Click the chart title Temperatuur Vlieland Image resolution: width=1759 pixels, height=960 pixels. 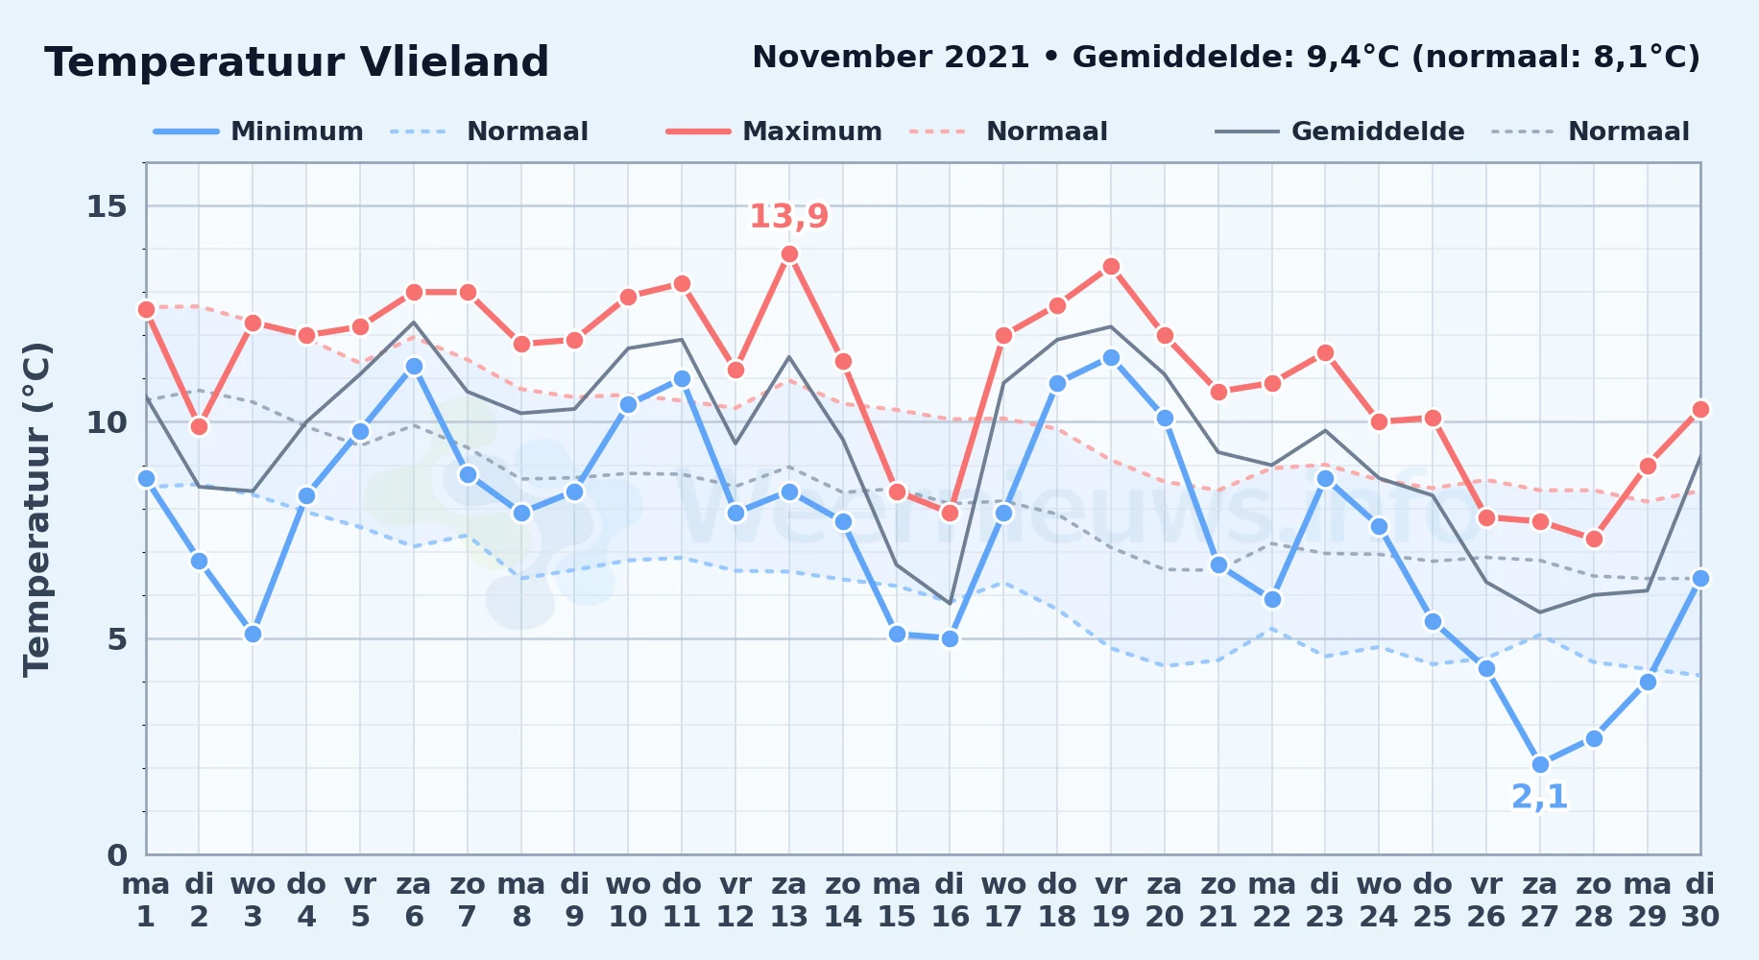coord(297,62)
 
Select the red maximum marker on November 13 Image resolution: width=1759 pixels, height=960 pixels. coord(789,254)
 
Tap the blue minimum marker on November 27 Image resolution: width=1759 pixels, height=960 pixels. coord(1540,764)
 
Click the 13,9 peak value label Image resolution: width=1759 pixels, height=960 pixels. coord(788,216)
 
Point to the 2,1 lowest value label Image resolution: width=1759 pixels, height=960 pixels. coord(1539,797)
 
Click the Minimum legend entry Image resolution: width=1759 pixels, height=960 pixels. coord(258,132)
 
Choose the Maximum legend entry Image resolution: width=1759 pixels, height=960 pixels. coord(774,132)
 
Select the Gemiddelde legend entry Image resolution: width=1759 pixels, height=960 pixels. coord(1340,132)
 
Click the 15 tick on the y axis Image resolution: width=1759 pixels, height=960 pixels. coord(107,206)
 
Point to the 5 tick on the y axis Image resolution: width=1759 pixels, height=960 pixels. coord(117,638)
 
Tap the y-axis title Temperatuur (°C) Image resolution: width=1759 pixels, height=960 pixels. coord(37,509)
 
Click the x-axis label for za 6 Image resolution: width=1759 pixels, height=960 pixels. coord(414,900)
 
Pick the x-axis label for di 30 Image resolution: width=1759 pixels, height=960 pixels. coord(1699,900)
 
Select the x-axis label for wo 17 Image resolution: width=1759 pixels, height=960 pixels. coord(1003,900)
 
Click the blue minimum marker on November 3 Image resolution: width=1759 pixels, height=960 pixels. coord(253,634)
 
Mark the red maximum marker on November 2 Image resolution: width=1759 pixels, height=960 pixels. coord(199,426)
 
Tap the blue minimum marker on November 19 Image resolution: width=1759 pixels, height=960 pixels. coord(1111,357)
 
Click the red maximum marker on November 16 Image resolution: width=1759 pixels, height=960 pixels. coord(950,513)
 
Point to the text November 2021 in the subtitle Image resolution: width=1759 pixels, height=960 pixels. coord(891,58)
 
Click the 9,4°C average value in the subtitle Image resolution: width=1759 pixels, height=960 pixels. coord(1354,58)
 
